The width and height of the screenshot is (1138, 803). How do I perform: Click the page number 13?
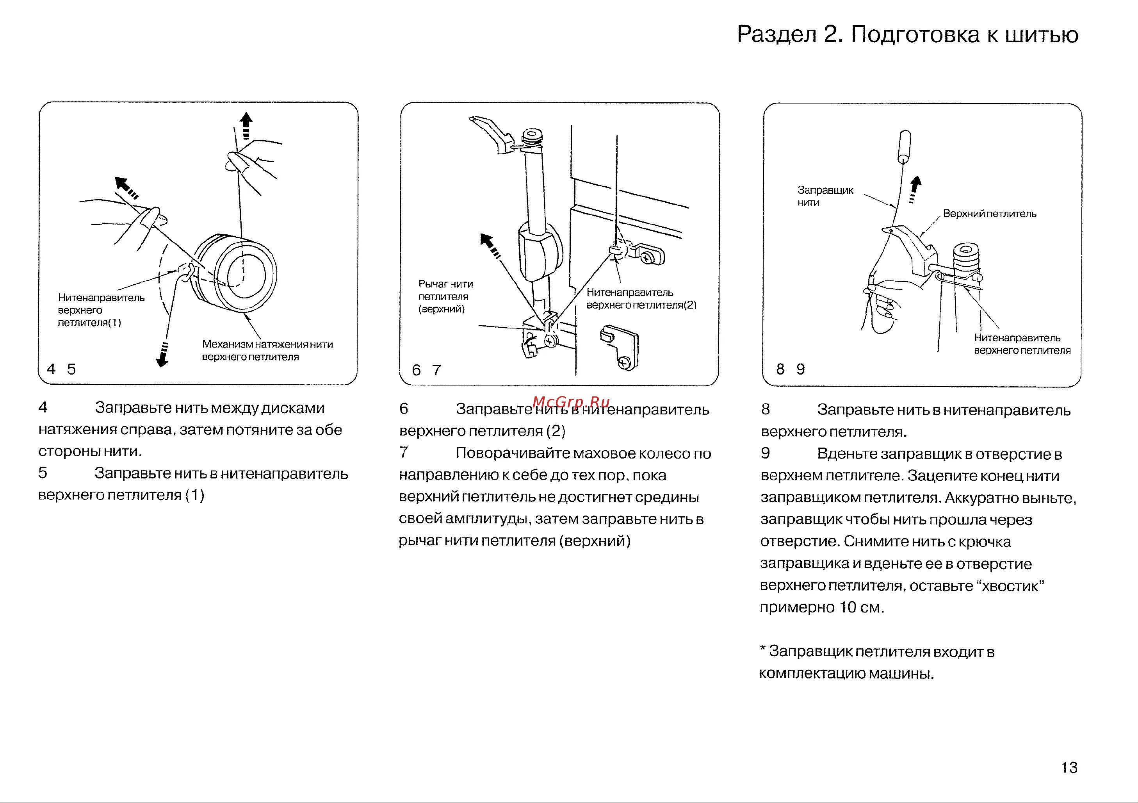click(1069, 768)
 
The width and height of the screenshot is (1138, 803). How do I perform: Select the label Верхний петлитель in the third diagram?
click(989, 214)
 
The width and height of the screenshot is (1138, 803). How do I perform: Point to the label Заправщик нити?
click(825, 196)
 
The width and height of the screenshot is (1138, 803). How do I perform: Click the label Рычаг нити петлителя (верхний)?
click(445, 296)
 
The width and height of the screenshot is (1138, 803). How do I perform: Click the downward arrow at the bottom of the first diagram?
click(162, 354)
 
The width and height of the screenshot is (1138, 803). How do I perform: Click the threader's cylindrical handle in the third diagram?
click(905, 147)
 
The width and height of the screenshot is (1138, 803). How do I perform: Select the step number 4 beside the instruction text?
click(43, 407)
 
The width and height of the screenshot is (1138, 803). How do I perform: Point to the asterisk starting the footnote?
click(763, 650)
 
